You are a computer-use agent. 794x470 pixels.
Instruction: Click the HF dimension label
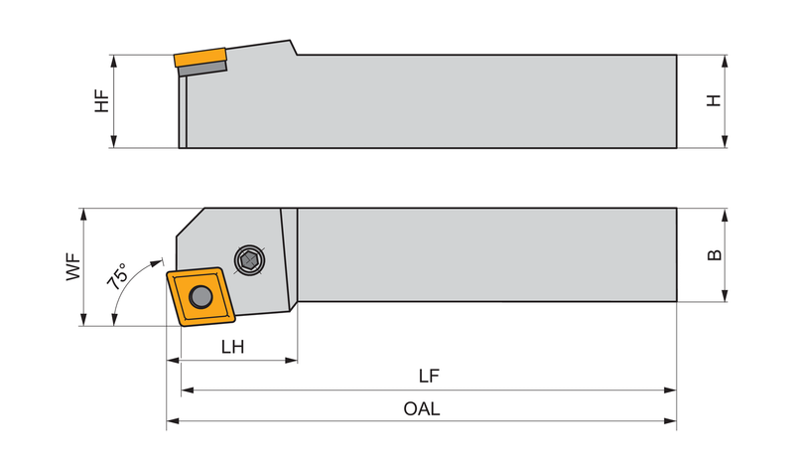pos(102,101)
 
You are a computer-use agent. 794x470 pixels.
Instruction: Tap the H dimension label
pos(714,100)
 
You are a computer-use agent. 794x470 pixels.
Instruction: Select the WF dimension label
pos(73,266)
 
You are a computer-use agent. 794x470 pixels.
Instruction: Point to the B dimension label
pos(714,255)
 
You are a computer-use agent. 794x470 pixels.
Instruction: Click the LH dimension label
pos(233,347)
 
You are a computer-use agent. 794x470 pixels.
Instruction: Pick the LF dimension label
pos(429,376)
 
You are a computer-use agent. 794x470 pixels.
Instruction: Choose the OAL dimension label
pos(422,408)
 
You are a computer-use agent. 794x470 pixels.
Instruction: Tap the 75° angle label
pos(117,276)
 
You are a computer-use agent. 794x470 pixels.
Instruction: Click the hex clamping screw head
pos(250,260)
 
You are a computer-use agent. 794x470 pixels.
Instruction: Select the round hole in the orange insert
pos(200,296)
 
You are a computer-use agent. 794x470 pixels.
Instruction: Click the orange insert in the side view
pos(199,58)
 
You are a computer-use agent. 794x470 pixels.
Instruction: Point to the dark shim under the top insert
pos(202,68)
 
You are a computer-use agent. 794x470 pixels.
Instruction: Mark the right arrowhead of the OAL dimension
pos(671,421)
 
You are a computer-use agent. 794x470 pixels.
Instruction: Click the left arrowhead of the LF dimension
pos(188,390)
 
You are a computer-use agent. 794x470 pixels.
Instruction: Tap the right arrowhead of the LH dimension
pos(291,361)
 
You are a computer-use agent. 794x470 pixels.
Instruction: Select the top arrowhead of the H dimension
pos(725,62)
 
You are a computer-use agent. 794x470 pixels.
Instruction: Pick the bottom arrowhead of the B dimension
pos(725,295)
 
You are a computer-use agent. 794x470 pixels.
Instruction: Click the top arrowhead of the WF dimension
pos(83,215)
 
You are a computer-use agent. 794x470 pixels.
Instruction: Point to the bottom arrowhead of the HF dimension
pos(113,141)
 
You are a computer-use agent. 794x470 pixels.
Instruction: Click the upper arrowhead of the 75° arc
pos(157,263)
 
